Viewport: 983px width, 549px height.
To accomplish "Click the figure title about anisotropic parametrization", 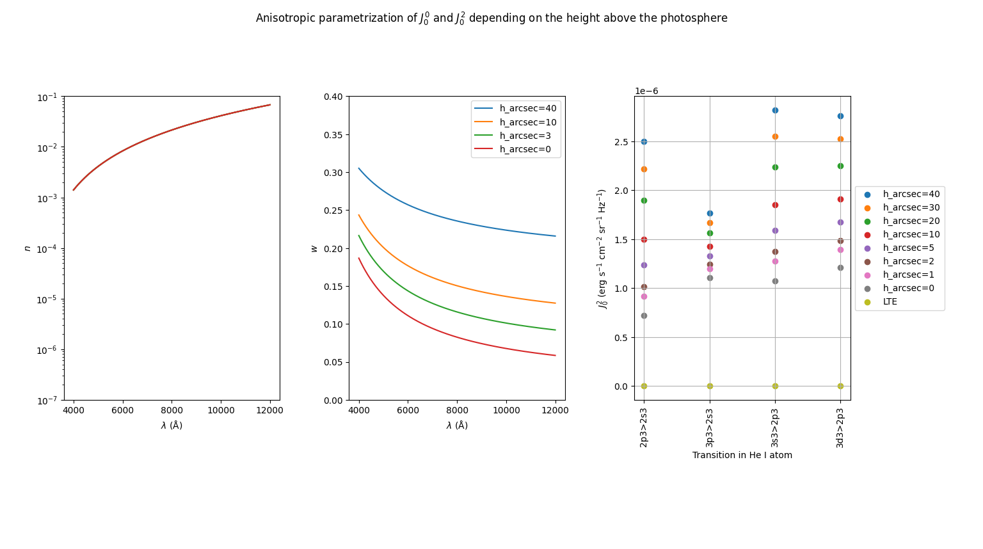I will tap(491, 18).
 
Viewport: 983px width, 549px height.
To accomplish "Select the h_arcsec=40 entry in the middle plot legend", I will tap(528, 109).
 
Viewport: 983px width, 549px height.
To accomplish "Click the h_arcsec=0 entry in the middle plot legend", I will tap(525, 149).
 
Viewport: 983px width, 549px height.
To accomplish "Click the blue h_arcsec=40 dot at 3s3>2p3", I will tap(775, 110).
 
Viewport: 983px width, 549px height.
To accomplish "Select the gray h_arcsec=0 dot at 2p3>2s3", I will tap(644, 315).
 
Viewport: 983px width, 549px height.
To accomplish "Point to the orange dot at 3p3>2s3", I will tap(710, 223).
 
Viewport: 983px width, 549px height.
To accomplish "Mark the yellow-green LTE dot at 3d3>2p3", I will tap(840, 386).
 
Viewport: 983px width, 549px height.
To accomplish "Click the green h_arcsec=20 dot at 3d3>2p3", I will tap(840, 166).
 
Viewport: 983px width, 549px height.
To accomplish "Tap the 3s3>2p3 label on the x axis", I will tap(775, 427).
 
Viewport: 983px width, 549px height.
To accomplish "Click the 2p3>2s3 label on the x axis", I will tap(644, 427).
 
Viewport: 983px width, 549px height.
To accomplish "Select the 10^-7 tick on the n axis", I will tap(47, 401).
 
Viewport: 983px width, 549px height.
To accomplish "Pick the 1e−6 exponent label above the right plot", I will tap(646, 91).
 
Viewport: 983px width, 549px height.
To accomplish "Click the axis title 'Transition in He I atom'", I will tap(742, 456).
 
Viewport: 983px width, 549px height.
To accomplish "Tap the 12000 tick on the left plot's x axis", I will tap(269, 410).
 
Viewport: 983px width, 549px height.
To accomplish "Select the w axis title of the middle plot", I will tap(314, 248).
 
